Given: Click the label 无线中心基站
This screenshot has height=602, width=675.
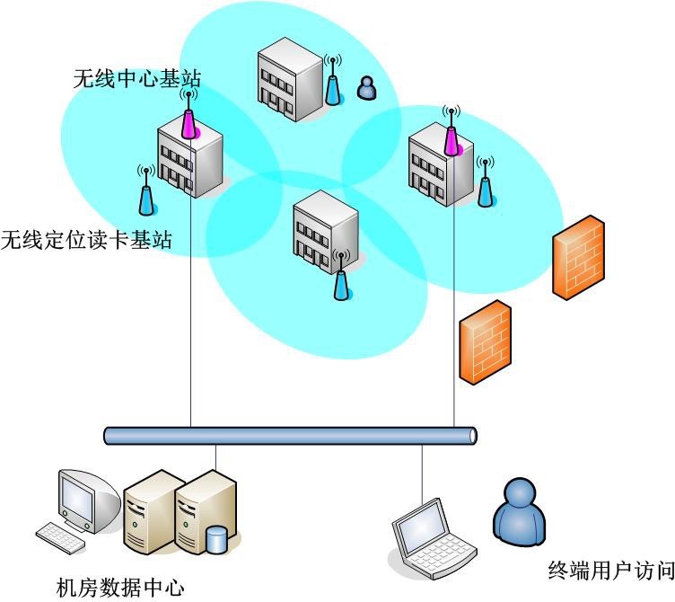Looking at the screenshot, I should pos(136,79).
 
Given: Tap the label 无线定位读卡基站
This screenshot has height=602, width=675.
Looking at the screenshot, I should pos(86,240).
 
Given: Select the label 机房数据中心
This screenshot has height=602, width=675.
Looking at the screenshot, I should pos(120,589).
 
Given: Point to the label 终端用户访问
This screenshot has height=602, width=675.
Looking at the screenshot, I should pos(610,570).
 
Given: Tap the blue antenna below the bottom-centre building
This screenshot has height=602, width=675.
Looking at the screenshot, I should pos(341,280).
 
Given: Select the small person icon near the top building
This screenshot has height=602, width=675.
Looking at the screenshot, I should pos(366,88).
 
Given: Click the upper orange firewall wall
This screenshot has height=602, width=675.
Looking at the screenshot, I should pos(578,257).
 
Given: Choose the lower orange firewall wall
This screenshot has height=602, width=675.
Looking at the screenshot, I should pos(485,342).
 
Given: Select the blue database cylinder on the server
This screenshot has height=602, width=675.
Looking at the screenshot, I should pos(216,541).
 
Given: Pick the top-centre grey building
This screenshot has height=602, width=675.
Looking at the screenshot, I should pos(289,79).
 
